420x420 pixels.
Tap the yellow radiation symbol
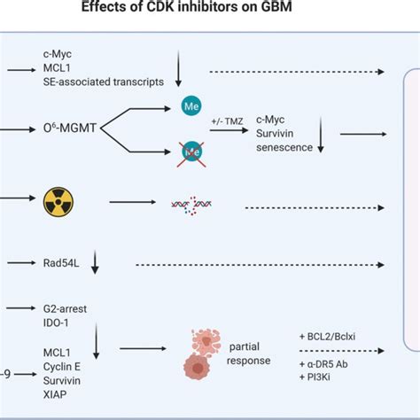click(59, 205)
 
